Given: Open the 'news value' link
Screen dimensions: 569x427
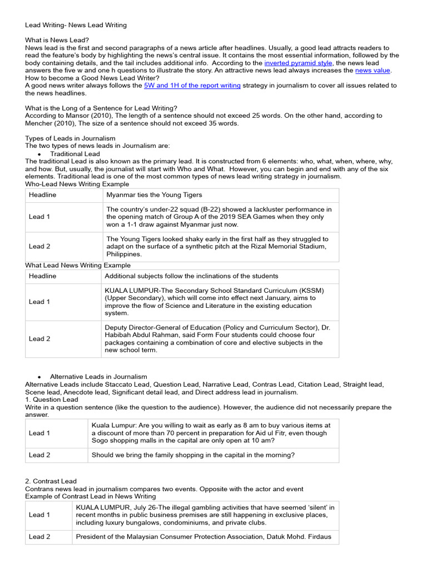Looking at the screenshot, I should pos(373,71).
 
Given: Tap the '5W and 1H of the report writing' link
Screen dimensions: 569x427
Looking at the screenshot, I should pos(192,86).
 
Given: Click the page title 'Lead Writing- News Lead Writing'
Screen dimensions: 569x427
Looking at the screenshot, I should pos(76,25).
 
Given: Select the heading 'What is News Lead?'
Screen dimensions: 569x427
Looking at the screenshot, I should pos(57,40).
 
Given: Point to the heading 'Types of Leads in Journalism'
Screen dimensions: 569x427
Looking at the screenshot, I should pos(70,138).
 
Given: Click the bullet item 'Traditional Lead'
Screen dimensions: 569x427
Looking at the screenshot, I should pos(75,154).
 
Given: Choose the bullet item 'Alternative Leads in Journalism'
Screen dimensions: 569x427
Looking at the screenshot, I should pos(98,377).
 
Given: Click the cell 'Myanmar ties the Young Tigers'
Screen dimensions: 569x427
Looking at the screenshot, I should pos(154,195).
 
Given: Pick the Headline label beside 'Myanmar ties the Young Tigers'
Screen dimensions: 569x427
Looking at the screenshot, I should pos(43,195).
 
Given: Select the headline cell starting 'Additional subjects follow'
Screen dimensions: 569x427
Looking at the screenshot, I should pos(191,276).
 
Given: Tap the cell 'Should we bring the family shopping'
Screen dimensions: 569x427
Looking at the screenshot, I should pos(193,455).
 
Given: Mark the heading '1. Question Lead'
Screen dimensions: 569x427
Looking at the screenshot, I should pos(52,400).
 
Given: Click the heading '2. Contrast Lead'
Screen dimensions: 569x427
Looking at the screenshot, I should pos(51,481).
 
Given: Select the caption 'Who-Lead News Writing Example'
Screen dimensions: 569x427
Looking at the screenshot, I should pos(77,184).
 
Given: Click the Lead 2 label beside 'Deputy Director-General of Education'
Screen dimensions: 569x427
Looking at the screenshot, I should pos(39,339).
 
